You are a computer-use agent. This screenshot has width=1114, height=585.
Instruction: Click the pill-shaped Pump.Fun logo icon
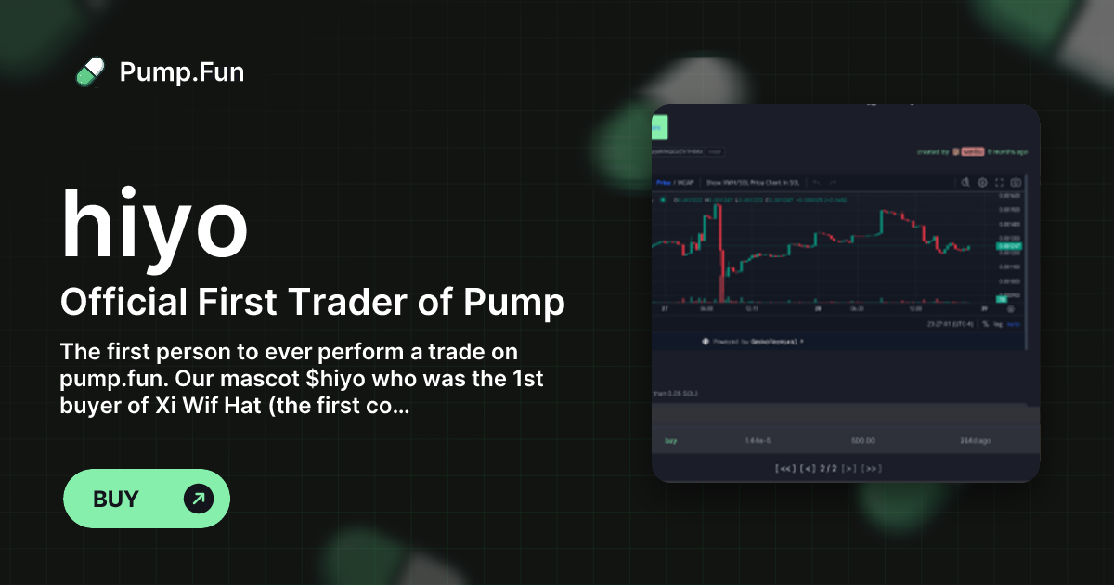coord(90,71)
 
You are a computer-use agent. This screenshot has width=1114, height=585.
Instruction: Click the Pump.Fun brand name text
coord(182,71)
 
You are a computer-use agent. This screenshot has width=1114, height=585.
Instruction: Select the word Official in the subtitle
coord(122,302)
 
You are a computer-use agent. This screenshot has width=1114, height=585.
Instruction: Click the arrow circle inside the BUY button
coord(199,499)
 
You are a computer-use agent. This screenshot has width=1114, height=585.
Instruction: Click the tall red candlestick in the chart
coord(720,260)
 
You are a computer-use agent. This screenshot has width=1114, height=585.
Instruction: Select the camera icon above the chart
coord(1016,182)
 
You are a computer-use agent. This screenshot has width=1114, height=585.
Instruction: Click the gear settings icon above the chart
coord(982,182)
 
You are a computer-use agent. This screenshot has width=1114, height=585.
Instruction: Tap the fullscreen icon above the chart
coord(999,182)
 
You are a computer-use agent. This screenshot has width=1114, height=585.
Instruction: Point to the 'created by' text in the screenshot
coord(932,151)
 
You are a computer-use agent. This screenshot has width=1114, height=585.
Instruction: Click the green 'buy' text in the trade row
coord(670,440)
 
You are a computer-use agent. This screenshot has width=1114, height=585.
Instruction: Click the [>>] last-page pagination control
coord(871,468)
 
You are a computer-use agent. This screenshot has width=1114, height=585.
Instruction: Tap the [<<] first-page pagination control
coord(784,468)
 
